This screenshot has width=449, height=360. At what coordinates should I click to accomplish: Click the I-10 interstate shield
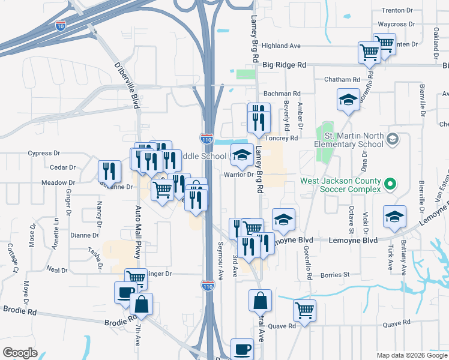coord(60,25)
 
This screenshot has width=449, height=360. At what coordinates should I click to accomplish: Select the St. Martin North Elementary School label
coord(349,140)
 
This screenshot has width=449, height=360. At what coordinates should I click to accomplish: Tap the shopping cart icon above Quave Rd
coord(304,311)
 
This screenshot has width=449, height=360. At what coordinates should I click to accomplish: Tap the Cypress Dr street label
coord(40,153)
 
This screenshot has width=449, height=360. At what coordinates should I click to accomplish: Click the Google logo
coord(20,352)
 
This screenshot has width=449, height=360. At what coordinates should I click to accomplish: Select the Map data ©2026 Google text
coord(411,355)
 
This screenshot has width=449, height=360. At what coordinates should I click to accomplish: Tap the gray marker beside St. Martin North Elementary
coord(393,139)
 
